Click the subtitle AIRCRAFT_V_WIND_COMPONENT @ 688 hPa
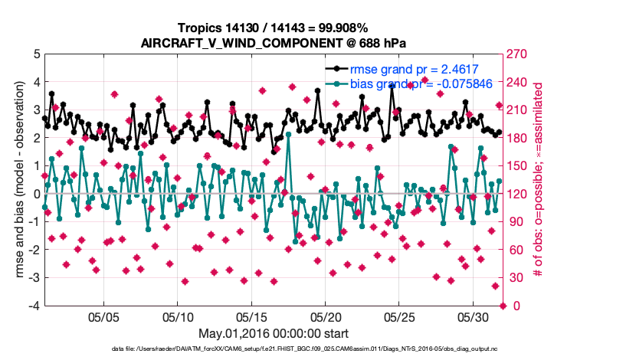(274, 43)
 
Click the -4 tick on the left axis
(34, 306)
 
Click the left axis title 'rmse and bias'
(17, 180)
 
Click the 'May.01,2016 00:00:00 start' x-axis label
(274, 333)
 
